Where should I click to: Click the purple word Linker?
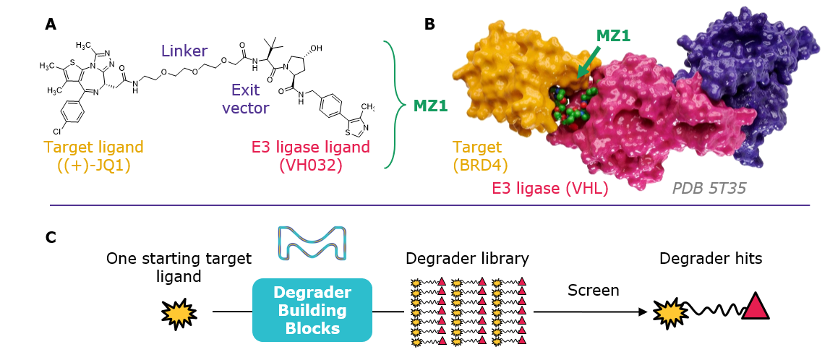(184, 51)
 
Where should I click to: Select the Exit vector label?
(245, 99)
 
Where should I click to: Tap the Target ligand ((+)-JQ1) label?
(94, 155)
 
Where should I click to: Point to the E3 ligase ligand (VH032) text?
(310, 155)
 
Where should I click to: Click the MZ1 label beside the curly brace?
(430, 106)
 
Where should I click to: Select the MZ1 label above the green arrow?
(613, 35)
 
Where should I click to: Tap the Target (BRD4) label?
(477, 156)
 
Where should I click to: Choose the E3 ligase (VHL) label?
(549, 189)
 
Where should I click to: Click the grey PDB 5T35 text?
(709, 189)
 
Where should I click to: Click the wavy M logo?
(312, 242)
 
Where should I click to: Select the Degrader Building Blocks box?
(312, 310)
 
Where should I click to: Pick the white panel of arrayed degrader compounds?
(469, 315)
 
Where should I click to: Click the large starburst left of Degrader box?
(179, 314)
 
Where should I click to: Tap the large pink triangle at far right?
(756, 307)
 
